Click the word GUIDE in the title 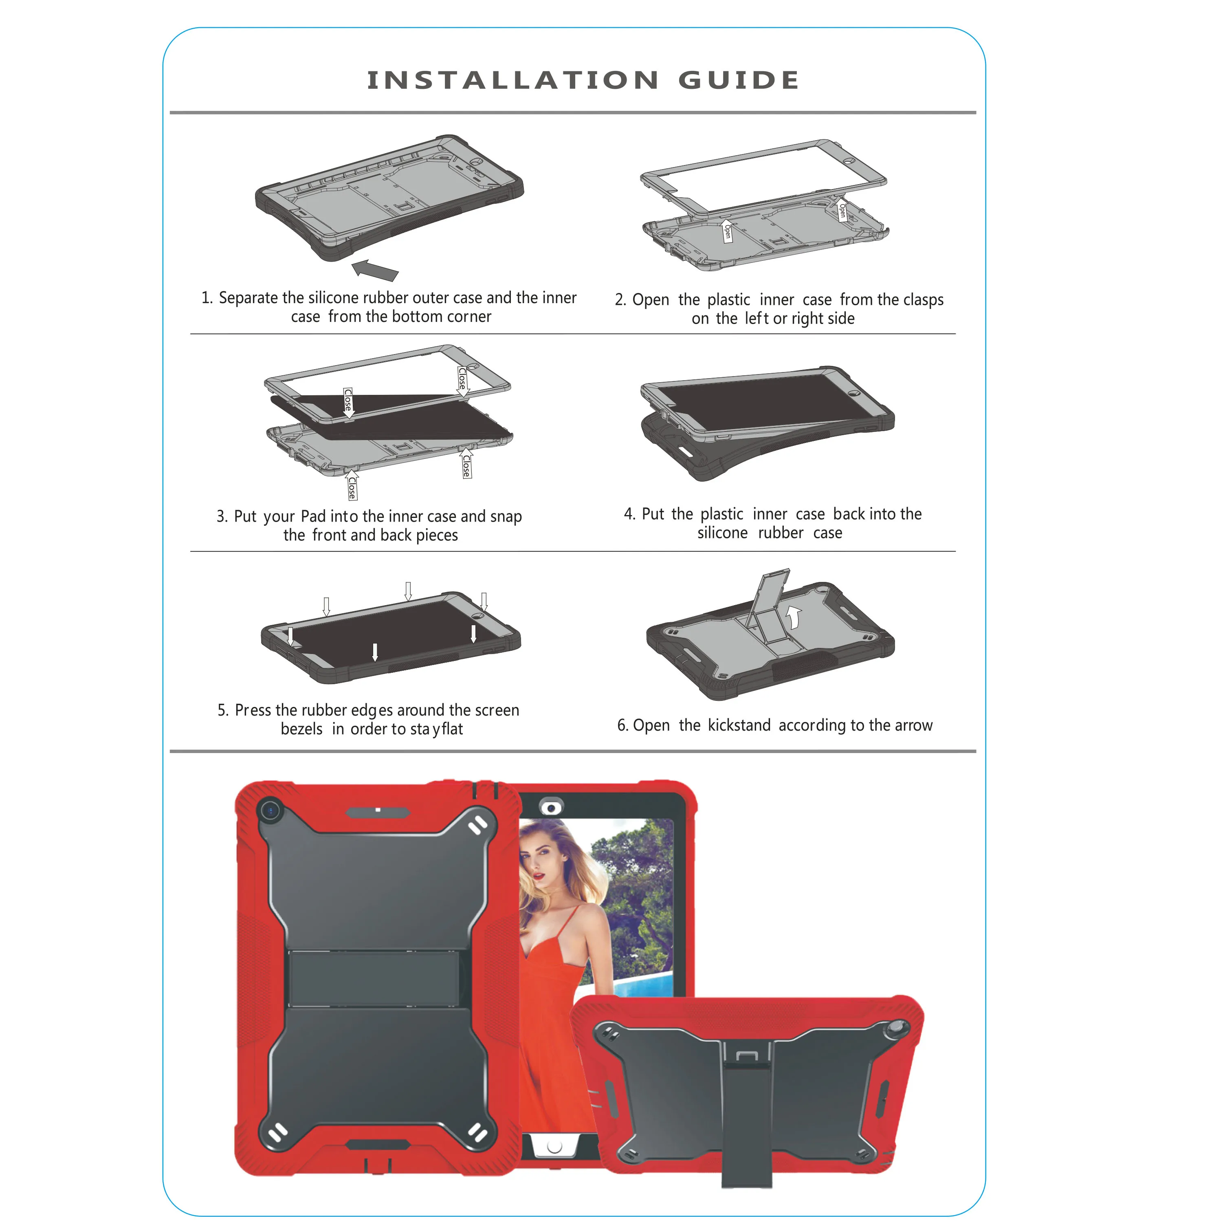738,80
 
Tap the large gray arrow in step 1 375,269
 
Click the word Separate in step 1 249,298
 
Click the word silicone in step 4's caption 722,533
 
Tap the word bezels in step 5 301,729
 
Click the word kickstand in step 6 739,725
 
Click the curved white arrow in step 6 793,617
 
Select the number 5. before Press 222,710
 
